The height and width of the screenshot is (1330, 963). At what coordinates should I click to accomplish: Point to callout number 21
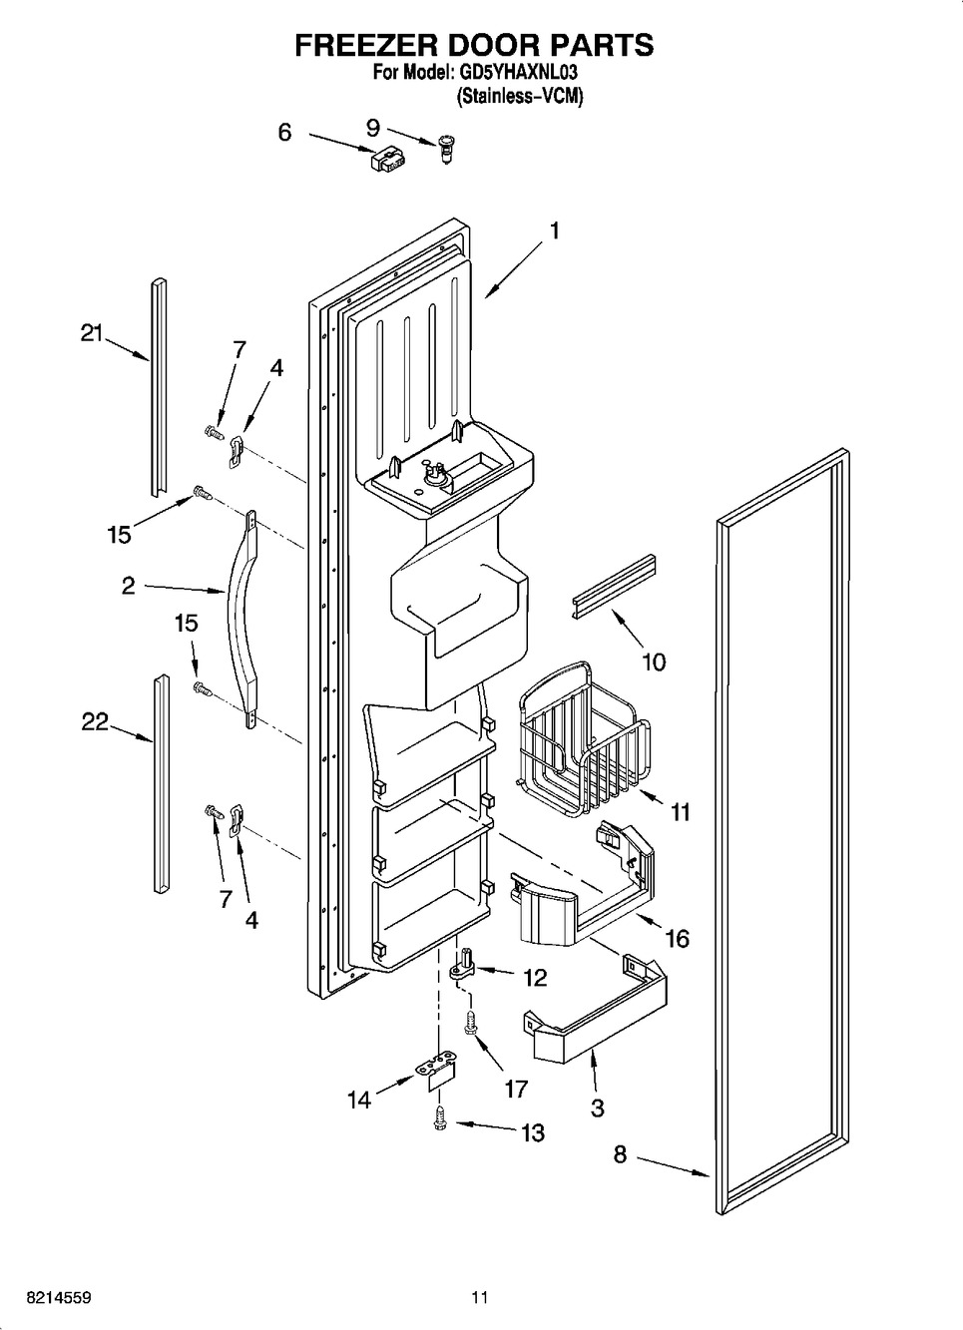pyautogui.click(x=92, y=334)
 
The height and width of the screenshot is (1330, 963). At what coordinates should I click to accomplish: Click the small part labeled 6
pyautogui.click(x=386, y=158)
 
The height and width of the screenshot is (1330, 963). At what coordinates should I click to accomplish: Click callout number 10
pyautogui.click(x=654, y=662)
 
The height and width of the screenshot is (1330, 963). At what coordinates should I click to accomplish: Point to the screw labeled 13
pyautogui.click(x=439, y=1120)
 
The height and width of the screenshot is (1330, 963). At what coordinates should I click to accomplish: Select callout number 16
pyautogui.click(x=677, y=938)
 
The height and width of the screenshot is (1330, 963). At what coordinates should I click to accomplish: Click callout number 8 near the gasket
pyautogui.click(x=620, y=1154)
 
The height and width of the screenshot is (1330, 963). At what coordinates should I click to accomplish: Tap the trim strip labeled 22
pyautogui.click(x=160, y=782)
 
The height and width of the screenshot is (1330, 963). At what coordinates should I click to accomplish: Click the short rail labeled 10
pyautogui.click(x=615, y=589)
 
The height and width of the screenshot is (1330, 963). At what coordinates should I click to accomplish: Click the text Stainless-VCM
pyautogui.click(x=519, y=98)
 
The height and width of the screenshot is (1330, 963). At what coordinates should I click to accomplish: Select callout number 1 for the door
pyautogui.click(x=554, y=231)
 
